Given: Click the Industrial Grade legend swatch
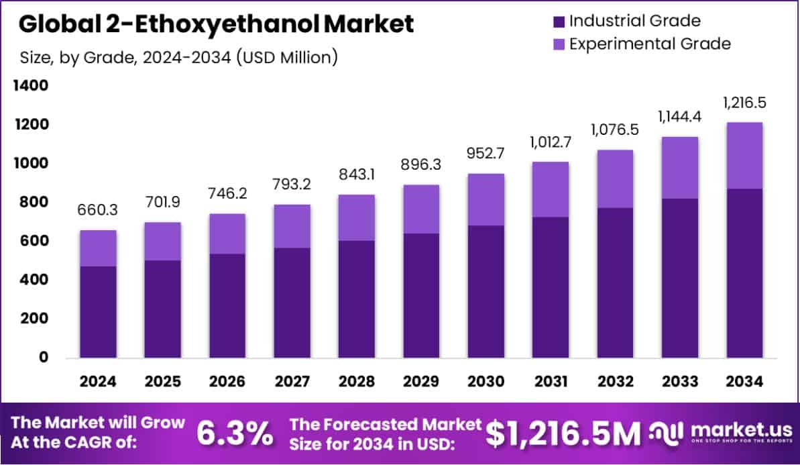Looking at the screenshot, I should pos(559,21).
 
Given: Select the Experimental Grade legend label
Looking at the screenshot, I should pos(650,44).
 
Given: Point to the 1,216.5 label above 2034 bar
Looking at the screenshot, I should pos(744,103).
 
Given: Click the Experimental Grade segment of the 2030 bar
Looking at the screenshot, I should pos(486,199).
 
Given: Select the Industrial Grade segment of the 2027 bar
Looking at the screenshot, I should pos(292,303).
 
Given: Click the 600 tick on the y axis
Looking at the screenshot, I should pos(34,241).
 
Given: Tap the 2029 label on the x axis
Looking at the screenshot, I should pos(421,382).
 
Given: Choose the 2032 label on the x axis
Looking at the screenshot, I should pos(615,382).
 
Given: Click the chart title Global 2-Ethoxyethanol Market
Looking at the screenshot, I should pos(216,24).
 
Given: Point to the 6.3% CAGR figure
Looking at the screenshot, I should pos(235,434).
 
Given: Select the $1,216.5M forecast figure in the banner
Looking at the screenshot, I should pos(563,434).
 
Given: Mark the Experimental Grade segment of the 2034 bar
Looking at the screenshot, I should pos(744,156).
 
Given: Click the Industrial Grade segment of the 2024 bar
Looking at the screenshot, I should pos(98,312).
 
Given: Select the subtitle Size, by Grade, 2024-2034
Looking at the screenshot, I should pos(178,58).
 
